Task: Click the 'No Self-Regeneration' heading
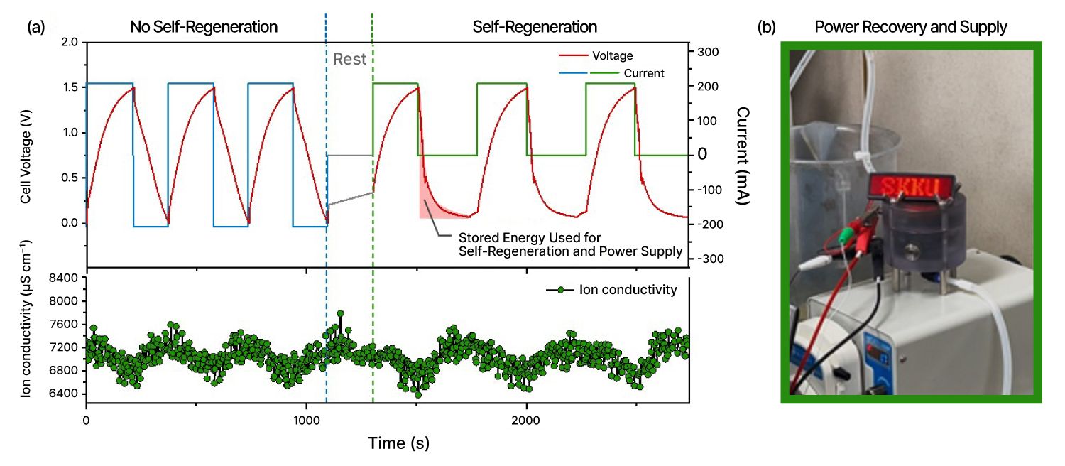(203, 28)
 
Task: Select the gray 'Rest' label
(349, 59)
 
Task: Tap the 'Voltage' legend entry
(612, 55)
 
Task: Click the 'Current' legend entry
(644, 73)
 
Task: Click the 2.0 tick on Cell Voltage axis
(70, 43)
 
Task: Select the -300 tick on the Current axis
(711, 259)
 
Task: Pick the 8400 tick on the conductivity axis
(62, 278)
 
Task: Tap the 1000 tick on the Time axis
(306, 420)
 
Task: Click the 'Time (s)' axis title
(398, 443)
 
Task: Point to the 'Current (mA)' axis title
(743, 156)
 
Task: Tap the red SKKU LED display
(912, 188)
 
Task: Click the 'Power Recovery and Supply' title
(911, 28)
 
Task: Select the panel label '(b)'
(766, 28)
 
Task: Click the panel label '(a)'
(35, 28)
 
